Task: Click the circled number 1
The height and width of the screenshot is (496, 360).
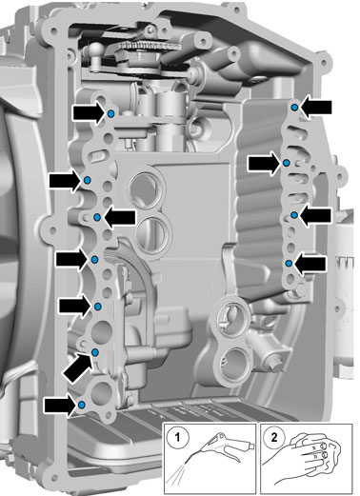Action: tap(177, 438)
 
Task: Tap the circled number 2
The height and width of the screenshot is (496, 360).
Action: tap(274, 437)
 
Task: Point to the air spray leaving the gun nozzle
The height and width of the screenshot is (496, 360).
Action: tap(177, 474)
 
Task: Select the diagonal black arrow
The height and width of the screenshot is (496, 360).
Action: tap(78, 367)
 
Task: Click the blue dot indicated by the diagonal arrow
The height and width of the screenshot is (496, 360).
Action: tap(95, 352)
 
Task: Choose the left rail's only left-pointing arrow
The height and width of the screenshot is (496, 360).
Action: tap(120, 217)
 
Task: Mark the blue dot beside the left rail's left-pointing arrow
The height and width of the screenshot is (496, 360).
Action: tap(97, 217)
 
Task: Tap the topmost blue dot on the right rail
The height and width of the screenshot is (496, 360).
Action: tap(294, 108)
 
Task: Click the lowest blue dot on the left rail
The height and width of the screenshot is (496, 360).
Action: tap(82, 405)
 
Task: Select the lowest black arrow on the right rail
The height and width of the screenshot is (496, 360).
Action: tap(310, 264)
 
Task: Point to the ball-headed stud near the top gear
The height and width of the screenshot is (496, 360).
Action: tap(96, 50)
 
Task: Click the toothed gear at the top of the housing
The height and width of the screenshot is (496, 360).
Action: tap(150, 48)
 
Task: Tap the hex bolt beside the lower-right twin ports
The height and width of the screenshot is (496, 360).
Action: tap(276, 367)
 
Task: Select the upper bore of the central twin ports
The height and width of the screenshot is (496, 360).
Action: tap(147, 189)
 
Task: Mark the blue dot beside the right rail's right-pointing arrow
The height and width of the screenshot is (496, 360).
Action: tap(286, 163)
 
